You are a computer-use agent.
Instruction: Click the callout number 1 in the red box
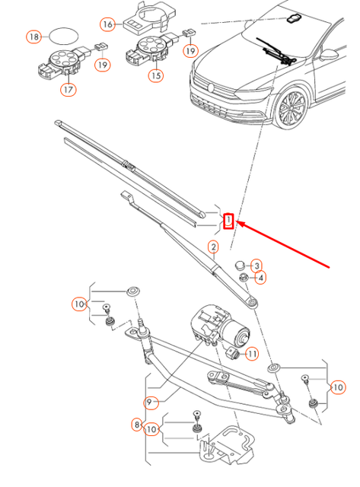pos(228,221)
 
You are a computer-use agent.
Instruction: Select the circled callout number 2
pos(214,247)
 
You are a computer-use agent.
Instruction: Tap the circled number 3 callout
pos(257,263)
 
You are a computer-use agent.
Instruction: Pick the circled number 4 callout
pos(260,279)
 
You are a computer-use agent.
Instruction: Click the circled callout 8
pos(137,425)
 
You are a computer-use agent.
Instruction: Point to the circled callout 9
pos(151,402)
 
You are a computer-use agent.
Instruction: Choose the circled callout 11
pos(252,354)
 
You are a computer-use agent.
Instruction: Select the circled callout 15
pos(155,75)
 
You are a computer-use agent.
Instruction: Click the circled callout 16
pos(108,24)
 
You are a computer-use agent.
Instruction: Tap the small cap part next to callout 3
pos(242,264)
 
